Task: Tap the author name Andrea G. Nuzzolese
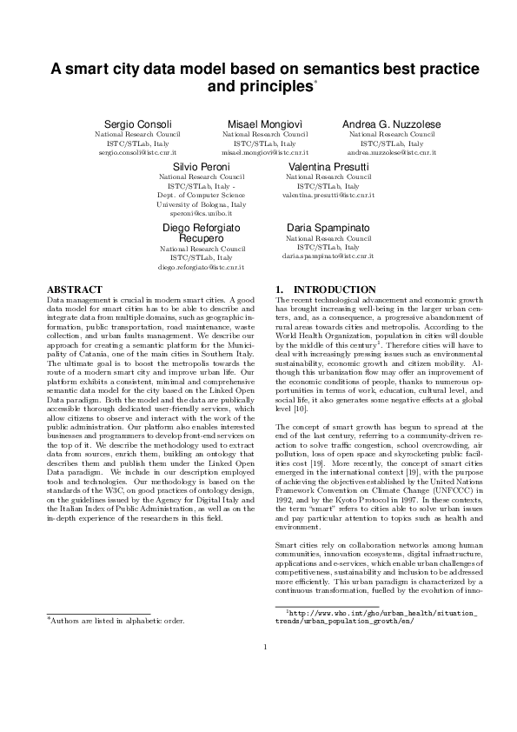pos(392,125)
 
